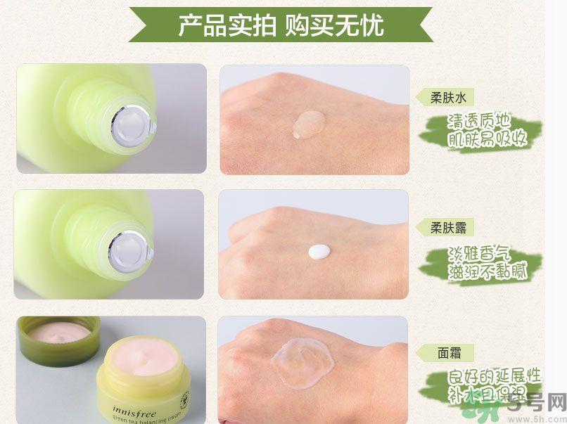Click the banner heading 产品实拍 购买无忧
point(281,25)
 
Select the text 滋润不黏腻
point(488,271)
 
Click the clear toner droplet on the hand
point(310,124)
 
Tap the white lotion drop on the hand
point(319,250)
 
